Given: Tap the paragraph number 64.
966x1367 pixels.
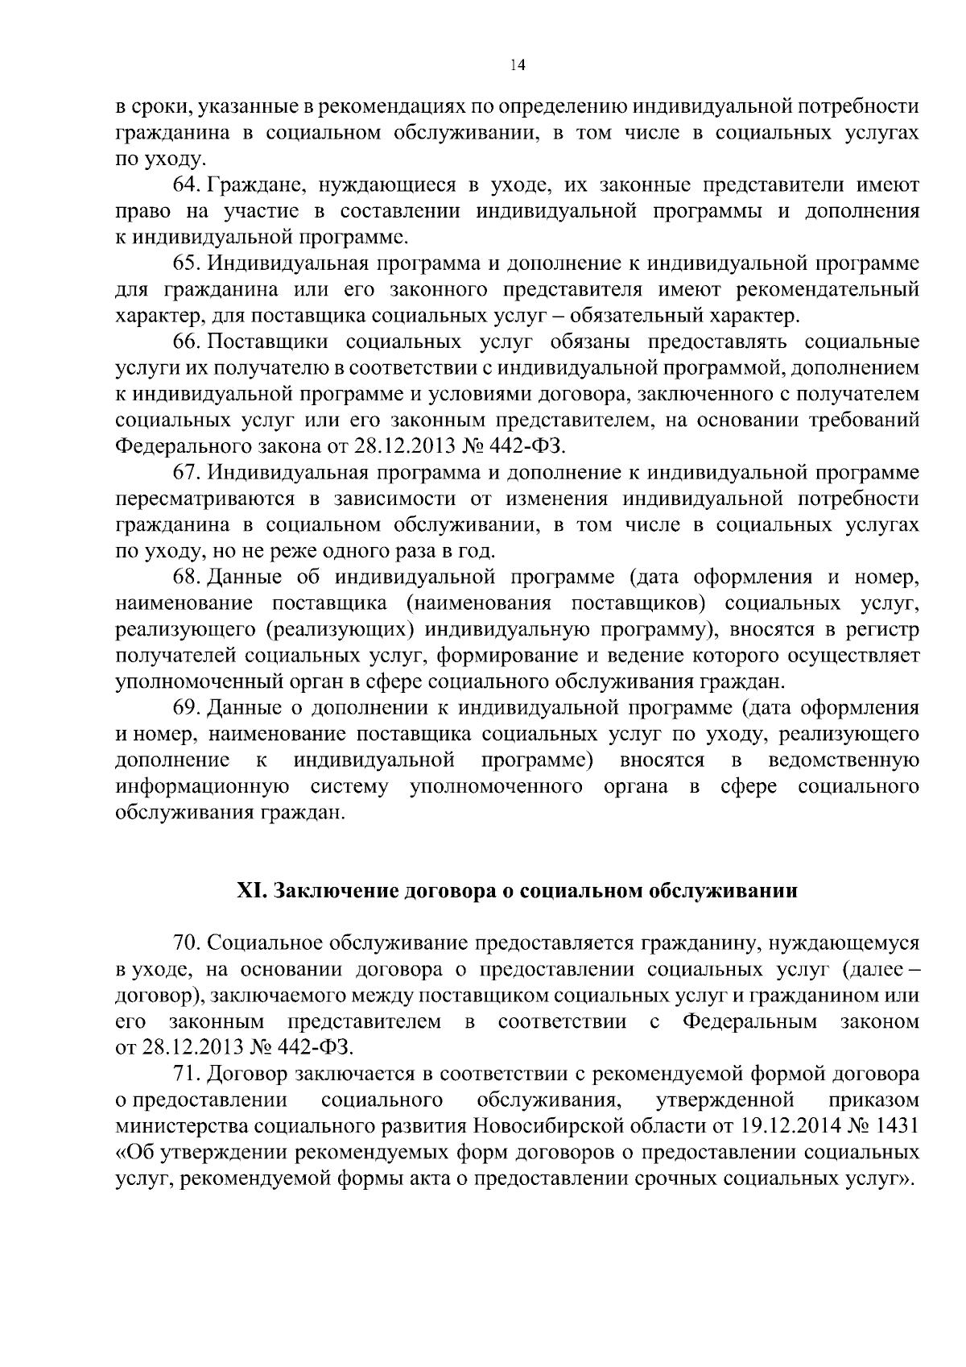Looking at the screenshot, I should click(186, 185).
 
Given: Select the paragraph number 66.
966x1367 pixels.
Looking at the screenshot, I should click(186, 342).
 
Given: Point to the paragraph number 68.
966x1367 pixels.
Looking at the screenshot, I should click(186, 577).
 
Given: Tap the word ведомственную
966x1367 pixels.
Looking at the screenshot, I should click(844, 760).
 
